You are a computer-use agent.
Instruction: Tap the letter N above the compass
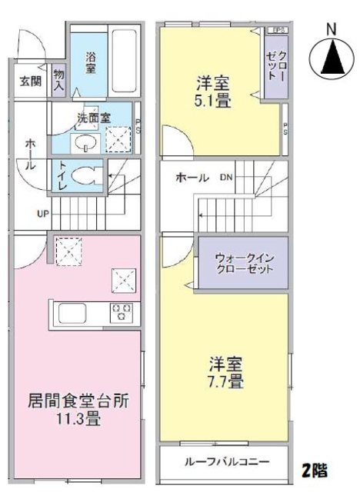(331, 29)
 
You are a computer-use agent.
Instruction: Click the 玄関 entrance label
(30, 81)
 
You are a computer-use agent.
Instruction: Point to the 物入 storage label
(60, 81)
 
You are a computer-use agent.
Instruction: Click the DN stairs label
(226, 178)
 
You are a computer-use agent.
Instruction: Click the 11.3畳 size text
(77, 420)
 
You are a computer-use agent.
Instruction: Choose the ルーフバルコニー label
(226, 463)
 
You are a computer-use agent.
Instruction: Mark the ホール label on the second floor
(192, 178)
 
